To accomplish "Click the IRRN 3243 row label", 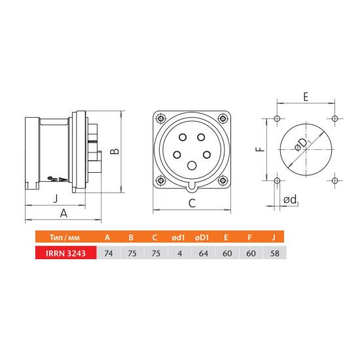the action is tap(65, 253).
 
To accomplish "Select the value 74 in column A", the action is tap(109, 253).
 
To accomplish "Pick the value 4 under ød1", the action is tap(180, 253).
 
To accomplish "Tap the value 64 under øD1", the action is tap(204, 253).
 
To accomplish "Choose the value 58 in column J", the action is tap(275, 253).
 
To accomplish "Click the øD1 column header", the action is tap(202, 238).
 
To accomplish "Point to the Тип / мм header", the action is tap(65, 238).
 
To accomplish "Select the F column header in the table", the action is tap(250, 238).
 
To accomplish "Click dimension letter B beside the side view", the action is tap(115, 151).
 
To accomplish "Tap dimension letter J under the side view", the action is tap(56, 198).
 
